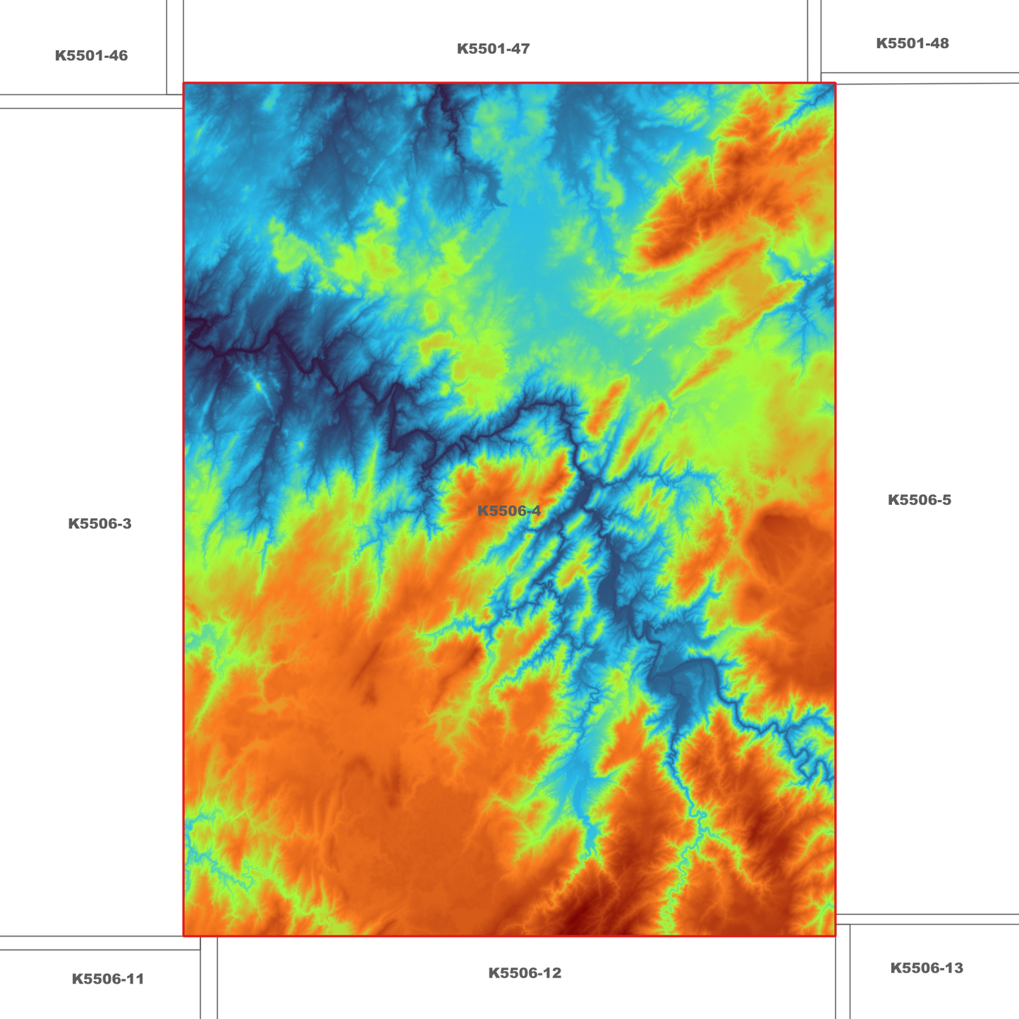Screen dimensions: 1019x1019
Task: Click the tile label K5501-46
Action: (x=91, y=56)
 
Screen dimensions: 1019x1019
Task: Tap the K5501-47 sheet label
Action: (x=493, y=49)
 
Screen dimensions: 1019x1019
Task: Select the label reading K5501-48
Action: (x=912, y=43)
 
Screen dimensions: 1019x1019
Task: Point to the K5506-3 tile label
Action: (x=99, y=523)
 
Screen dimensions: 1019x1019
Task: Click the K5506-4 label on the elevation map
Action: (x=509, y=511)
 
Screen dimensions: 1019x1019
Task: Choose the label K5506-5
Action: (x=919, y=500)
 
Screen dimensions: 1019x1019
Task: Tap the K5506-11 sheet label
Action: (x=108, y=979)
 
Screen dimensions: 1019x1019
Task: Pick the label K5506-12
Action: (x=525, y=973)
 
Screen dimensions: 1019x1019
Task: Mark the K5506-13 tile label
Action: (x=926, y=968)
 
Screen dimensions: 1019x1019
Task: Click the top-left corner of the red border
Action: (x=184, y=83)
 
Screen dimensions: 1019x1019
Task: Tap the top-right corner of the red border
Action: (x=835, y=83)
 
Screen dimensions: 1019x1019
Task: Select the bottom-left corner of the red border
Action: (x=184, y=936)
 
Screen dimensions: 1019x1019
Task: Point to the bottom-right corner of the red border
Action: (x=835, y=936)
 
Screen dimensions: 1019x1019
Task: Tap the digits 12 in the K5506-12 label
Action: (x=552, y=973)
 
